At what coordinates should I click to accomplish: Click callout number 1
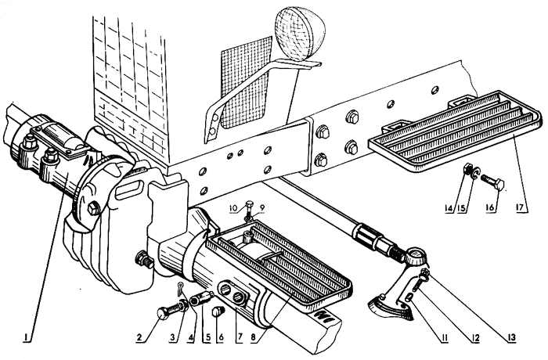(x=26, y=337)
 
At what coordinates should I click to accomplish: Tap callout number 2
(x=140, y=337)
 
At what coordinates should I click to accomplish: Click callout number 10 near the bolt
(x=233, y=208)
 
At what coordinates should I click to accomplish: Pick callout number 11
(x=444, y=337)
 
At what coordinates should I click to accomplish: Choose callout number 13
(x=511, y=337)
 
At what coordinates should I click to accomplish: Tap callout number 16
(x=489, y=207)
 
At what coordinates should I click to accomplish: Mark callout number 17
(x=520, y=207)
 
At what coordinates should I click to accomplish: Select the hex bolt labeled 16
(x=492, y=182)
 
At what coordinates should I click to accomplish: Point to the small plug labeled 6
(x=218, y=311)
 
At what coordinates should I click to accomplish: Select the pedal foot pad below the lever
(x=391, y=308)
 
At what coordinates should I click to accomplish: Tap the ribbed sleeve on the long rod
(x=368, y=236)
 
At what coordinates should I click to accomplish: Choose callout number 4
(x=190, y=337)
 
